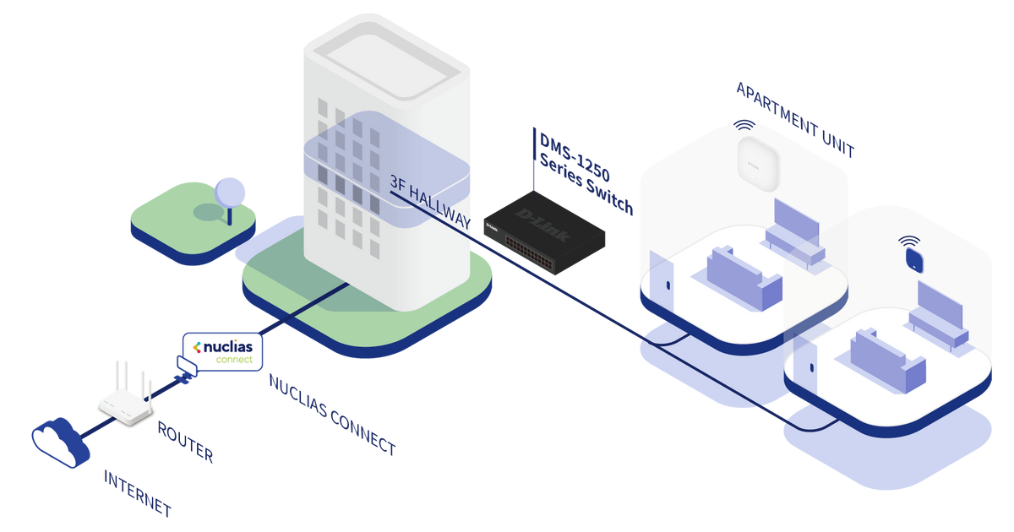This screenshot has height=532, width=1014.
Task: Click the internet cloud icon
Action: click(x=57, y=441)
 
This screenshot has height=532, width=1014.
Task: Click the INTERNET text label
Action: click(x=138, y=494)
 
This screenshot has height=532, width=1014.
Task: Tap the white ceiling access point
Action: click(x=755, y=160)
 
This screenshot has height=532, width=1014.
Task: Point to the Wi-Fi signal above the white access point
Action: click(x=744, y=125)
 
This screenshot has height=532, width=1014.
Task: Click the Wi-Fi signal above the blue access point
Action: click(x=909, y=240)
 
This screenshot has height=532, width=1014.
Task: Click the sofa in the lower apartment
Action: click(x=882, y=359)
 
